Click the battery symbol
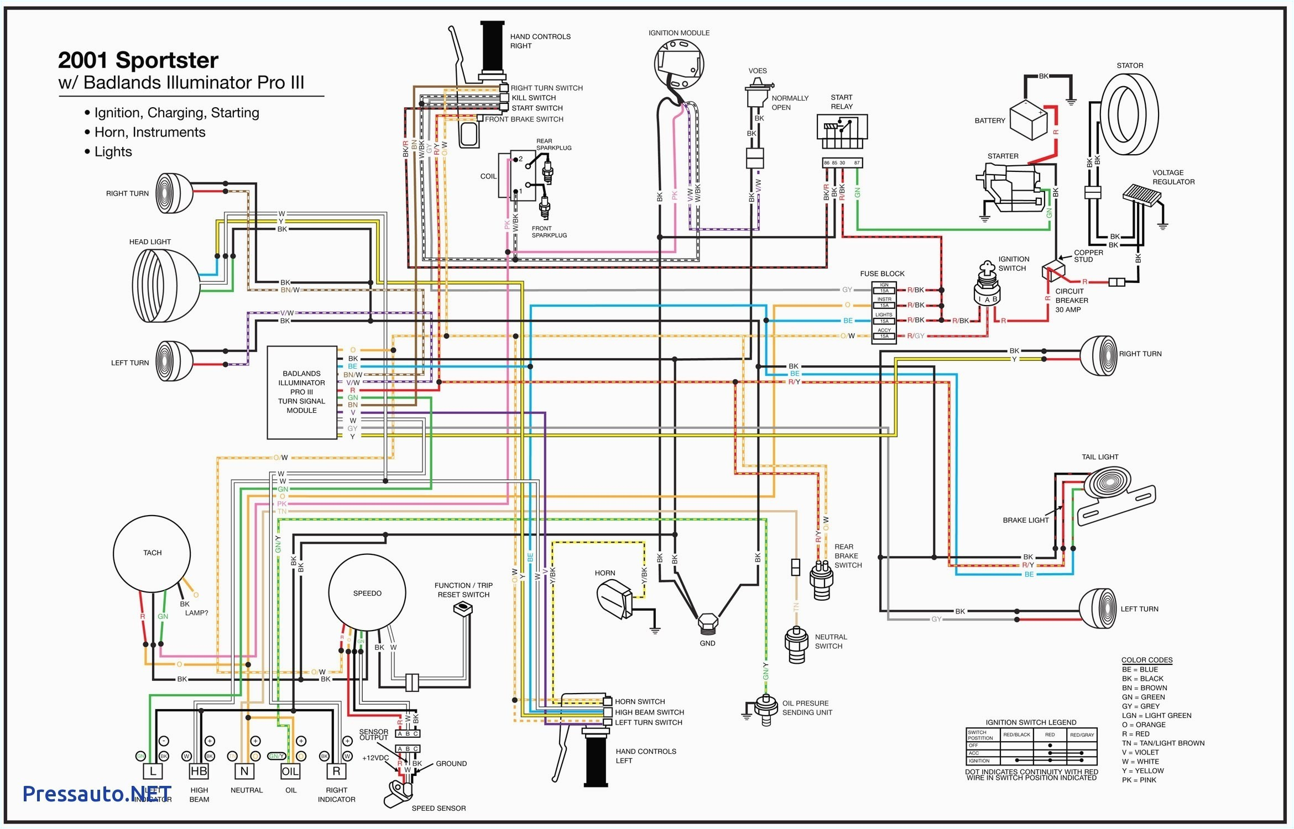coord(1029,120)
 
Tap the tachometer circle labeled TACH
coord(152,554)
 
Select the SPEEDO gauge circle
coord(367,593)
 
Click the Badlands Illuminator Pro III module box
coord(302,392)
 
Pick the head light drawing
coord(165,286)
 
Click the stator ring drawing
coord(1129,114)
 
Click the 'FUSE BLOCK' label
coord(882,274)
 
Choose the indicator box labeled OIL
coord(290,772)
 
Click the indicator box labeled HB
coord(199,772)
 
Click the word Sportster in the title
coord(167,60)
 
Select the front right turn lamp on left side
coord(174,193)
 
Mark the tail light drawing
coord(1117,491)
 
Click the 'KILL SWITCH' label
coord(534,98)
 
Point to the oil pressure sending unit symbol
coord(765,709)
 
